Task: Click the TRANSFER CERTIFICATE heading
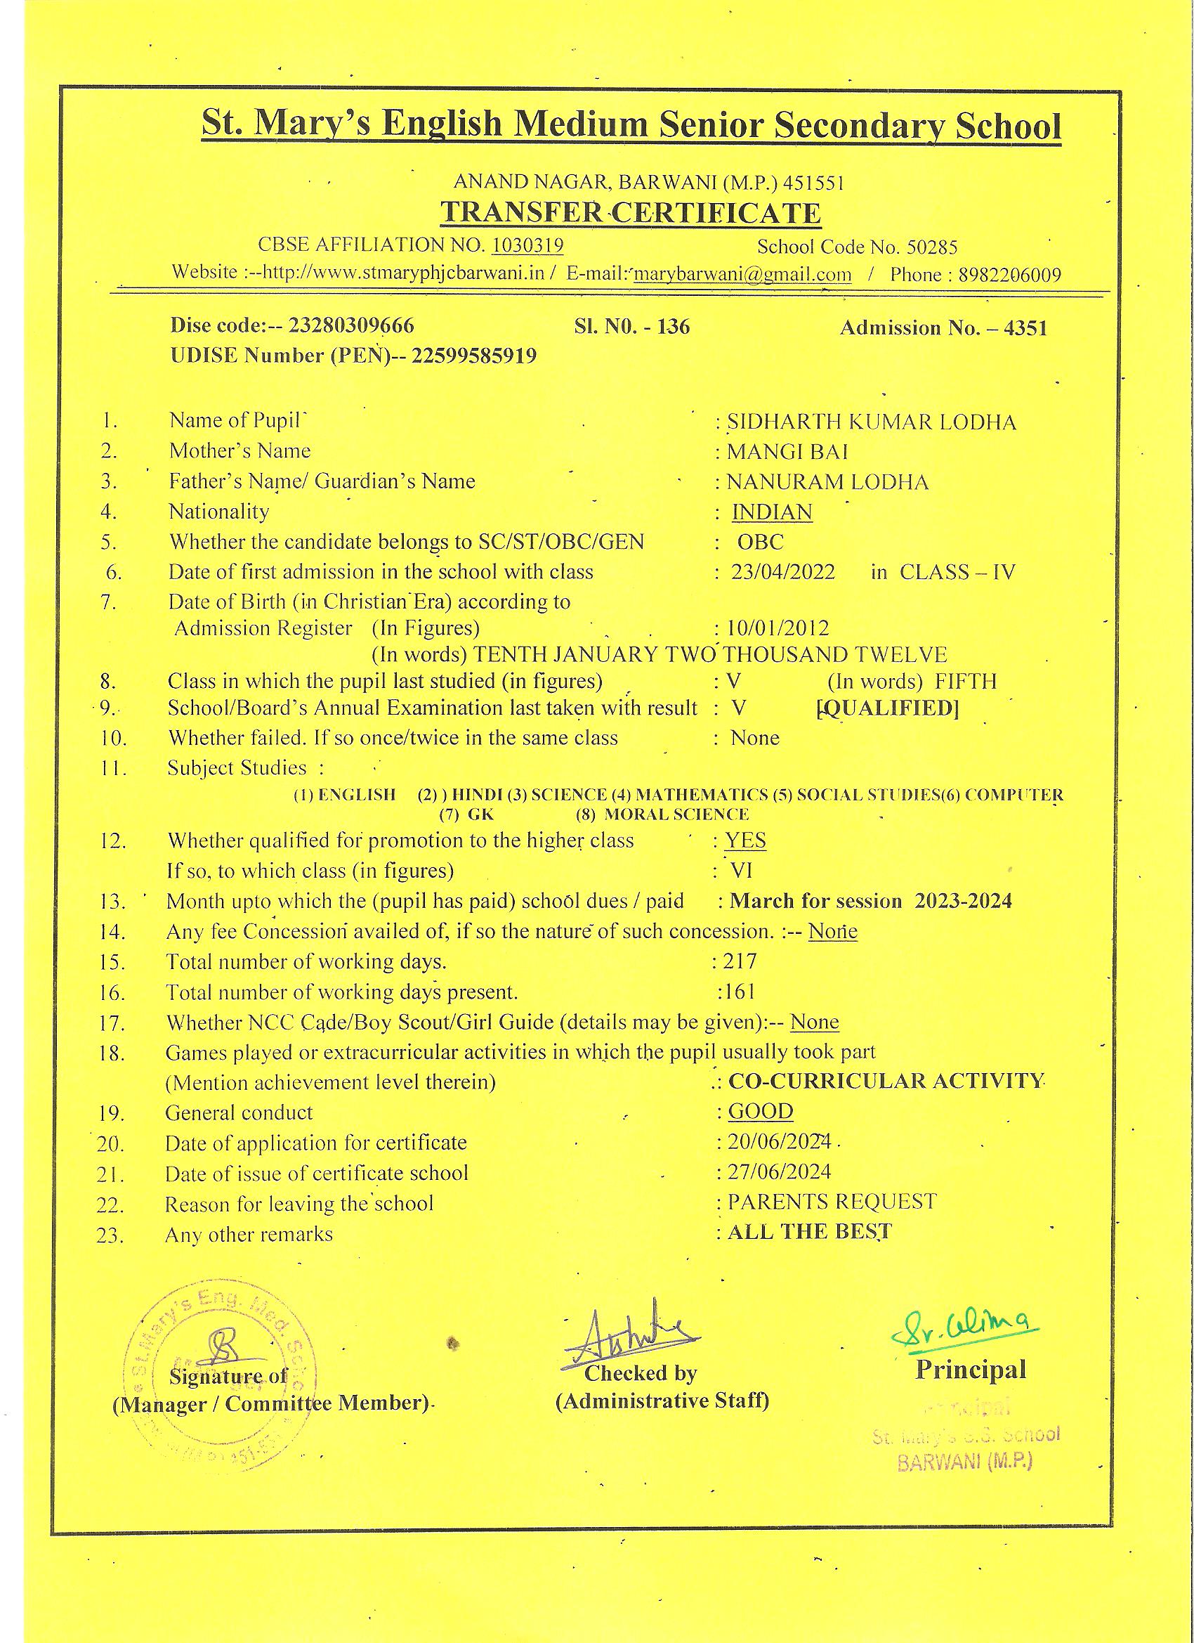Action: [631, 213]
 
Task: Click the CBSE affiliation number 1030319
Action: [527, 245]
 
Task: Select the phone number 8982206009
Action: [1009, 275]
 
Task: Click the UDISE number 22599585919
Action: [473, 356]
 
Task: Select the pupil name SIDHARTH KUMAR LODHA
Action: [871, 422]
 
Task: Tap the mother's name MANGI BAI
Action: [787, 451]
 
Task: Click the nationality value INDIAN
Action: [772, 512]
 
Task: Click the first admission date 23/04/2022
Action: [782, 572]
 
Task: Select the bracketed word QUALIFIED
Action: [887, 708]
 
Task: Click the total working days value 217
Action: [740, 962]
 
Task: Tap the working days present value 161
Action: [739, 992]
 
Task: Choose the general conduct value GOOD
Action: [760, 1111]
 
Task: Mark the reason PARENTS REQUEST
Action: [832, 1202]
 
